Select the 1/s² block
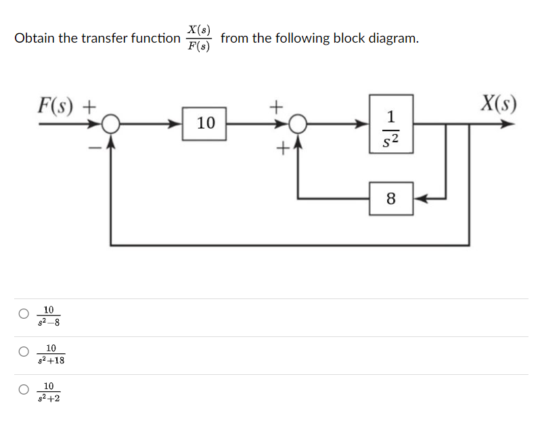coord(391,123)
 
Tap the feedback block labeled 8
coord(390,199)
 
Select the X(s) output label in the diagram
coord(498,104)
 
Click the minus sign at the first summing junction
coord(96,145)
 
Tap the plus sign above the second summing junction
coord(275,106)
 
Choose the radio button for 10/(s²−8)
coord(24,313)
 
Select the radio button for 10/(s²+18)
coord(24,351)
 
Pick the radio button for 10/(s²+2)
coord(24,389)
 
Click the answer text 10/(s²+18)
coord(51,353)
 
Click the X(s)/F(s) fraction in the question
coord(200,39)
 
